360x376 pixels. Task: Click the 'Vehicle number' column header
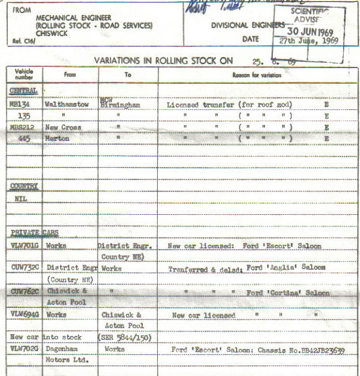tap(24, 73)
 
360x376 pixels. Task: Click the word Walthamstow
tap(67, 103)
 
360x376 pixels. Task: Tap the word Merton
tap(58, 138)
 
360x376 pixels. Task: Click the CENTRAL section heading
tap(23, 90)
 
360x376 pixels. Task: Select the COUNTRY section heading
tap(24, 186)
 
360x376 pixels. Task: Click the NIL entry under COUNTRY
tap(20, 198)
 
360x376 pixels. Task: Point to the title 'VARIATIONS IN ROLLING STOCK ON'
tap(164, 60)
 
